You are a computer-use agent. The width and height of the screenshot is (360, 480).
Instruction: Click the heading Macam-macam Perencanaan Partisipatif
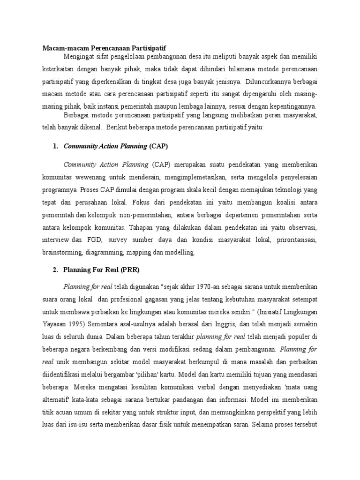104,48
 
